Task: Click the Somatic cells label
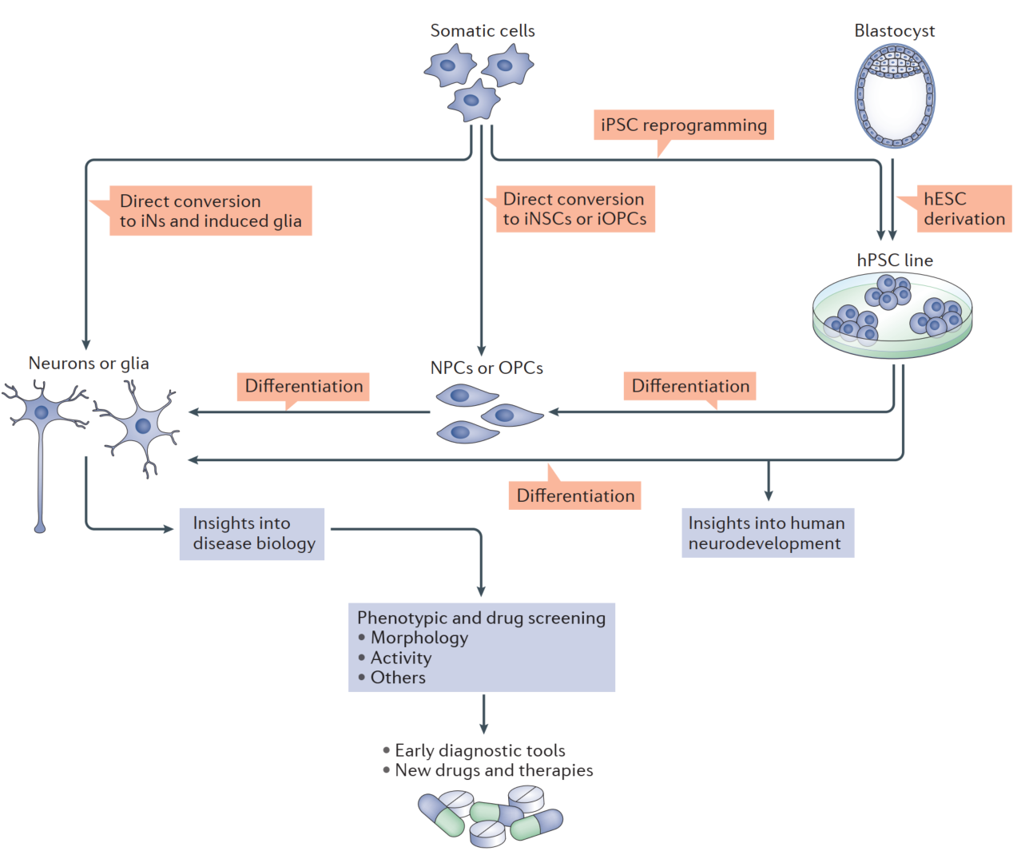483,30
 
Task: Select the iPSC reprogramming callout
684,125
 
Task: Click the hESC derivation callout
963,209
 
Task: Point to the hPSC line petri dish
892,314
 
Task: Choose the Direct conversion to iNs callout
210,211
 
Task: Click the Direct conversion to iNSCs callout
574,209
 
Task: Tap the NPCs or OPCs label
487,368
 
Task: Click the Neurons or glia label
89,363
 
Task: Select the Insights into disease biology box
252,534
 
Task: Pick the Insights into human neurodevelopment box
767,533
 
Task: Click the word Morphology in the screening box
419,638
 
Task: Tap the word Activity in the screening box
401,658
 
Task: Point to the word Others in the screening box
398,678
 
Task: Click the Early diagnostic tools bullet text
479,750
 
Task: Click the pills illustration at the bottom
491,816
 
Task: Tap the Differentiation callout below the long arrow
575,495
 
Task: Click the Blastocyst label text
895,30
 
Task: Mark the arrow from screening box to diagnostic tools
483,714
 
